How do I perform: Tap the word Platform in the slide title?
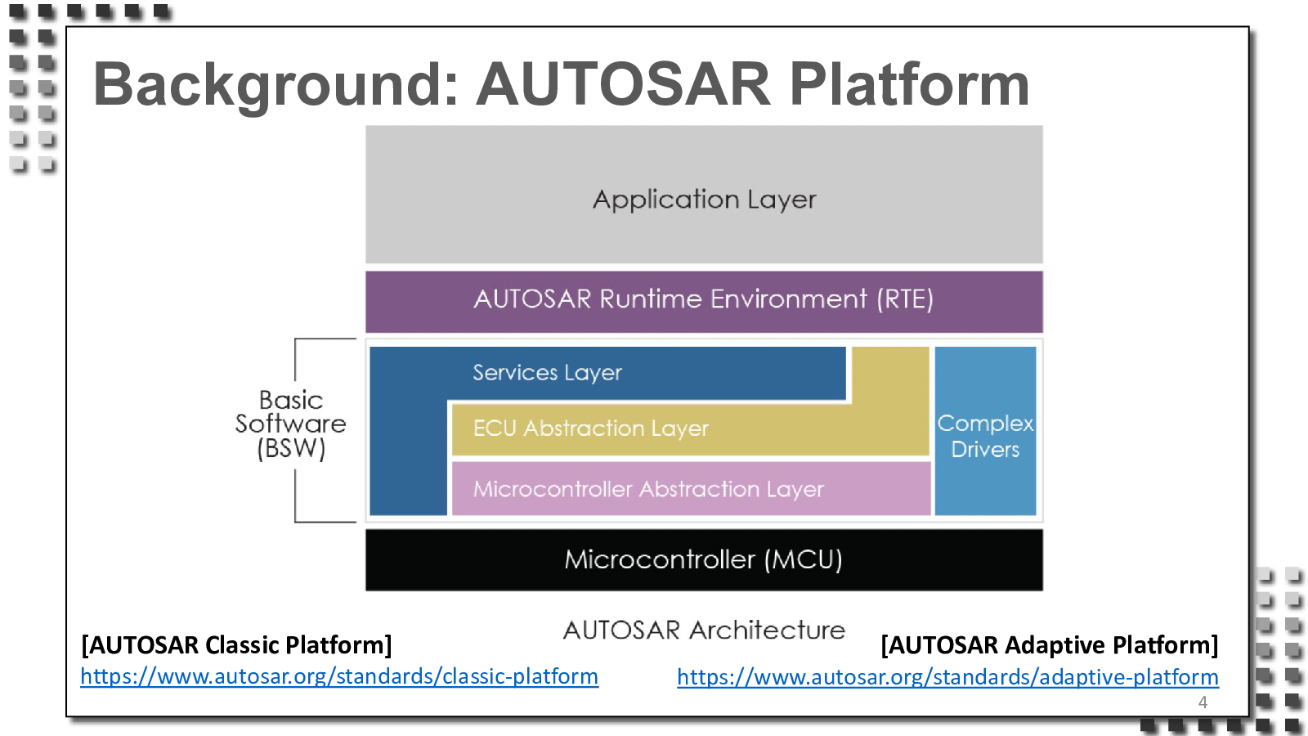(x=909, y=85)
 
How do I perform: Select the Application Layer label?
(x=704, y=200)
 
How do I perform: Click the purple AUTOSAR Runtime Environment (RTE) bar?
(x=704, y=302)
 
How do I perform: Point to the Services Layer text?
(x=547, y=373)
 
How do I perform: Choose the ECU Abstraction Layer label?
(x=590, y=429)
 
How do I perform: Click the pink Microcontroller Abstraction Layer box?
(x=692, y=488)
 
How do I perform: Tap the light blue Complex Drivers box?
(x=985, y=431)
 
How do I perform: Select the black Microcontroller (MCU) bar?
(x=704, y=559)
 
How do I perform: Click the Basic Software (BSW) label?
(x=291, y=424)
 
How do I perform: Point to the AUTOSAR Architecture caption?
(x=704, y=631)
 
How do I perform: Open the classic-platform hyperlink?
(x=339, y=676)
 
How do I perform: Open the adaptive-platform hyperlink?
(x=947, y=677)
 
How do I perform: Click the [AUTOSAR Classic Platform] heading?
(x=236, y=645)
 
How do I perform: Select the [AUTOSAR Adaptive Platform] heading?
(x=1050, y=645)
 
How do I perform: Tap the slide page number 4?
(x=1203, y=702)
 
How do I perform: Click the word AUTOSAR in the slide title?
(x=623, y=85)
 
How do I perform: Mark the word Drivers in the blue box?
(x=985, y=450)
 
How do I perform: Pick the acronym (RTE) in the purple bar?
(x=904, y=299)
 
